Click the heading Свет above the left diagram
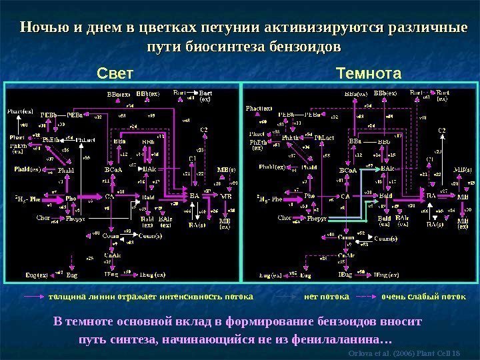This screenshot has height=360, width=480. [x=116, y=73]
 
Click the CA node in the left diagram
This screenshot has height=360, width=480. [x=110, y=197]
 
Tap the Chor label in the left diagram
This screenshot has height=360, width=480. [x=43, y=217]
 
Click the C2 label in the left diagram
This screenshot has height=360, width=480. [x=204, y=129]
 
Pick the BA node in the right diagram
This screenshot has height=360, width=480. [x=431, y=196]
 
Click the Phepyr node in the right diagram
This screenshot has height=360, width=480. [x=314, y=217]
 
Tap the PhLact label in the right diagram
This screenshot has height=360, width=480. [x=324, y=137]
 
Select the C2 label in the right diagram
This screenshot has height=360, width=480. [x=441, y=131]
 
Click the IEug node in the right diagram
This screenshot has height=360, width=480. [x=345, y=274]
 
